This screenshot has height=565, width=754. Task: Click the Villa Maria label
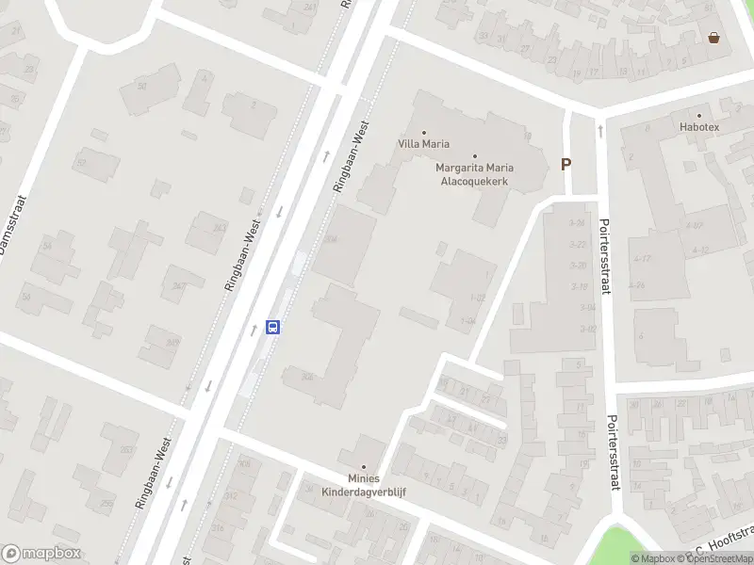(423, 144)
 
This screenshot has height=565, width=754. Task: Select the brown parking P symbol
(566, 164)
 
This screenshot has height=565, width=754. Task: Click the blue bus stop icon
(273, 327)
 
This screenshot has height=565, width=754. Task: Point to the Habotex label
(698, 126)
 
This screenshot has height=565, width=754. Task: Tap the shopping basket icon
(714, 38)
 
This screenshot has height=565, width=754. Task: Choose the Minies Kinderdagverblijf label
(364, 485)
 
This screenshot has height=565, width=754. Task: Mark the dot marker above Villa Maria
(423, 132)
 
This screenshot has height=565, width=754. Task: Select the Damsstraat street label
(10, 226)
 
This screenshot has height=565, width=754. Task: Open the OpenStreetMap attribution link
(720, 559)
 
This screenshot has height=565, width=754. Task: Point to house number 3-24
(579, 223)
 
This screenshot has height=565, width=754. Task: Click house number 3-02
(589, 329)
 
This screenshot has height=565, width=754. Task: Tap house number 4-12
(700, 250)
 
